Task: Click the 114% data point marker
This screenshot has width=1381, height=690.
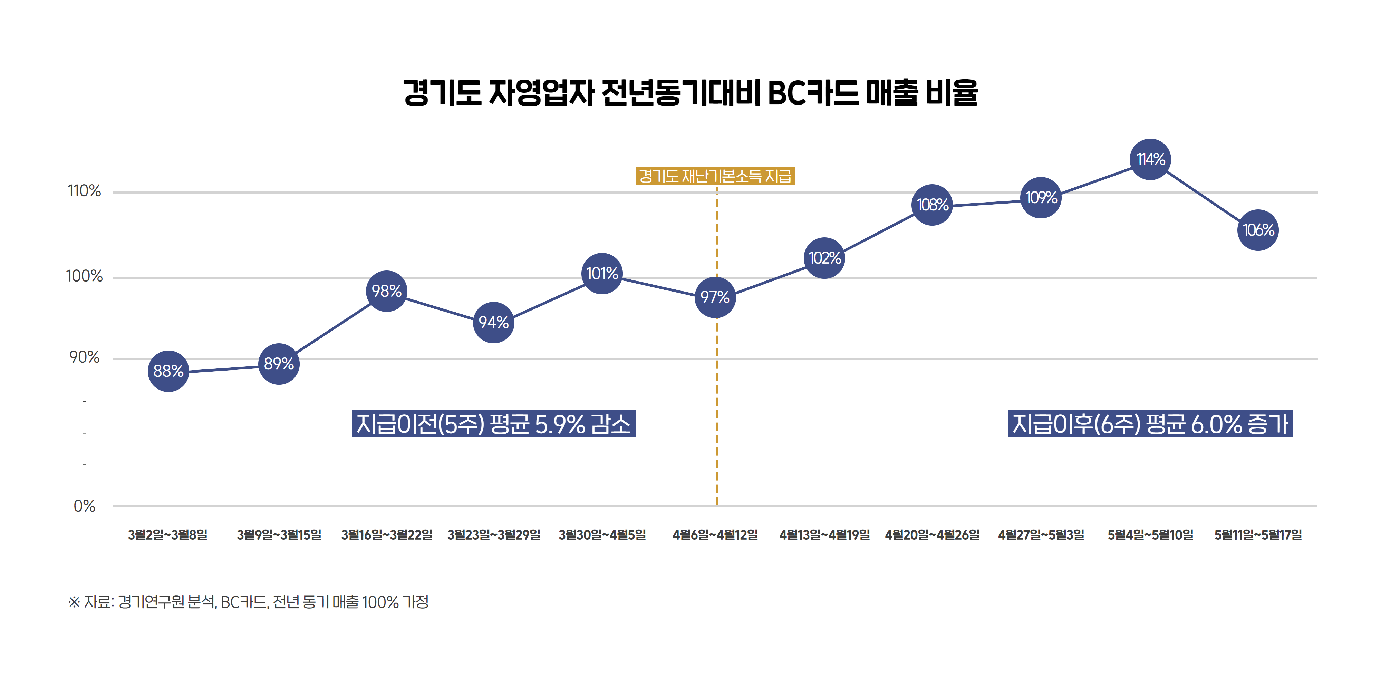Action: (1150, 159)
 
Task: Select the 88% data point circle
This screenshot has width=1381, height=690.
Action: (168, 371)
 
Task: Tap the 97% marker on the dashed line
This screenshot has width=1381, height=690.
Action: (715, 297)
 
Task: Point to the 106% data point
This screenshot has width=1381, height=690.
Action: (1258, 230)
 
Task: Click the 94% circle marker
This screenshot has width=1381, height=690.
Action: (493, 322)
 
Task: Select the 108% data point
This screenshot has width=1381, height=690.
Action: (932, 205)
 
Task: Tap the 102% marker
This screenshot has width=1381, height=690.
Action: (824, 258)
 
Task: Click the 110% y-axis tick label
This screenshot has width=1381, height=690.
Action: (84, 191)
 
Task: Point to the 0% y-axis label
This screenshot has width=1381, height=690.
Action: (84, 506)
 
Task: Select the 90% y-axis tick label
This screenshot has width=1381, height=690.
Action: (84, 357)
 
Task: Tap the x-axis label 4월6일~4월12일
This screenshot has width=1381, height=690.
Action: (715, 535)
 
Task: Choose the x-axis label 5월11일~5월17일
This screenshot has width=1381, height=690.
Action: (1258, 535)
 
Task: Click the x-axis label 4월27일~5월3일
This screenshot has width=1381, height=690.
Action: (1041, 535)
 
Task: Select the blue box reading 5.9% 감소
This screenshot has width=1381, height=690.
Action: (493, 424)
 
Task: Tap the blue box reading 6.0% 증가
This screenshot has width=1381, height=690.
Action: (1150, 424)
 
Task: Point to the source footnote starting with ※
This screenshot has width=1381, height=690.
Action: (248, 602)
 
